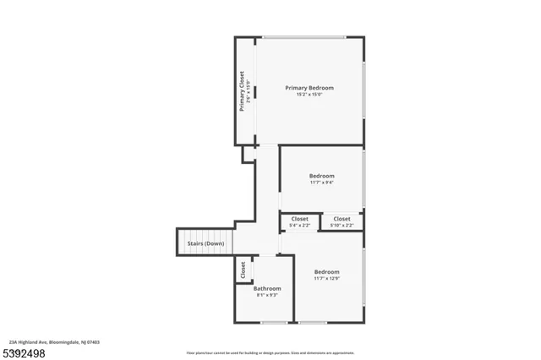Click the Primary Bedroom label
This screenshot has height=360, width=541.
point(309,88)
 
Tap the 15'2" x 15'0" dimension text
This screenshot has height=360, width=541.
point(309,95)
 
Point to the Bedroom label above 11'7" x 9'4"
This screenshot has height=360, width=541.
point(322,176)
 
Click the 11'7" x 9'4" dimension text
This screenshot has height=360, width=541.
point(322,183)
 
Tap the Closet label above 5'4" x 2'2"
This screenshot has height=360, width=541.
point(299,219)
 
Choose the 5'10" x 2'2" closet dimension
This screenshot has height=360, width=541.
point(342,226)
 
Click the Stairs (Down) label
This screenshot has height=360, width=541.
point(205,244)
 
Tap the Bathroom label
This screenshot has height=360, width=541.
point(267,288)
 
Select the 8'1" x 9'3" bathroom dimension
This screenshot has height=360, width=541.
point(267,295)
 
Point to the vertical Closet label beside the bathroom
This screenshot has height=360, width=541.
point(243,270)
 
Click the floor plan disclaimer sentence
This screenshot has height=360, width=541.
point(270,353)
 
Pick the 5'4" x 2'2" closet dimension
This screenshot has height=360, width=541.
point(299,226)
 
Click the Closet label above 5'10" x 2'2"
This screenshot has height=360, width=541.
point(342,219)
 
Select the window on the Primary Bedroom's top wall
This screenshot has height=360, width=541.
point(303,37)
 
